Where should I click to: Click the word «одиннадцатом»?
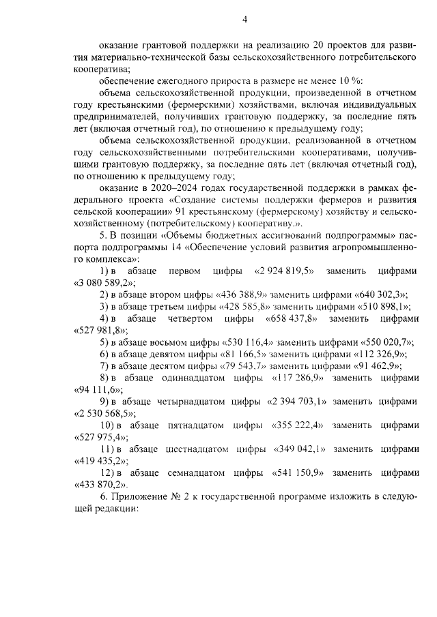pyautogui.click(x=183, y=378)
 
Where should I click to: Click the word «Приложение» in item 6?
pyautogui.click(x=136, y=497)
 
